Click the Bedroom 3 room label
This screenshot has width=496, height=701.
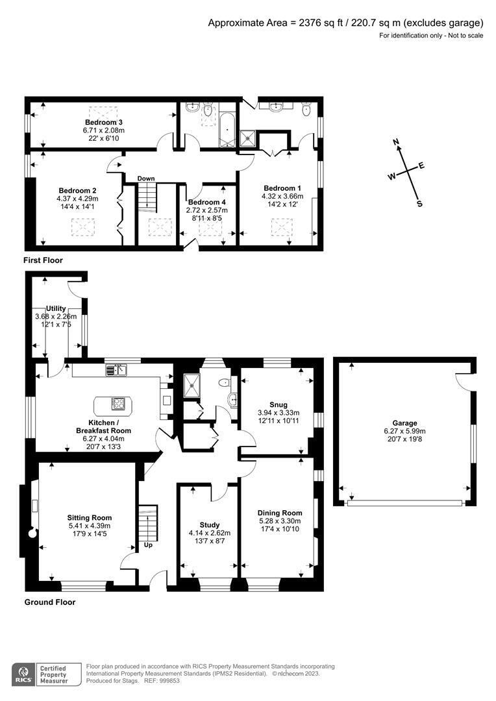[103, 122]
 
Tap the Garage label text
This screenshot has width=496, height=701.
[405, 423]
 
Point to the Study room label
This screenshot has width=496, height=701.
[209, 524]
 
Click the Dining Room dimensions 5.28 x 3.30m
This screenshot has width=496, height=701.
[279, 521]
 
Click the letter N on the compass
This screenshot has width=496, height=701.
[397, 142]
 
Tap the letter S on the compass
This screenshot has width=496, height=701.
[419, 203]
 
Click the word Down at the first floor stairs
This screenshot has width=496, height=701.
[146, 178]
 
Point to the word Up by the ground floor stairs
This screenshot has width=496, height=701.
[148, 545]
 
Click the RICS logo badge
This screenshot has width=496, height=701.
[25, 672]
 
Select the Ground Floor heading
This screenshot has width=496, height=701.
[50, 602]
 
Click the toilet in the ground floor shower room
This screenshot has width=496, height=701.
[225, 382]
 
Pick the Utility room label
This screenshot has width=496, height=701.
[56, 308]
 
